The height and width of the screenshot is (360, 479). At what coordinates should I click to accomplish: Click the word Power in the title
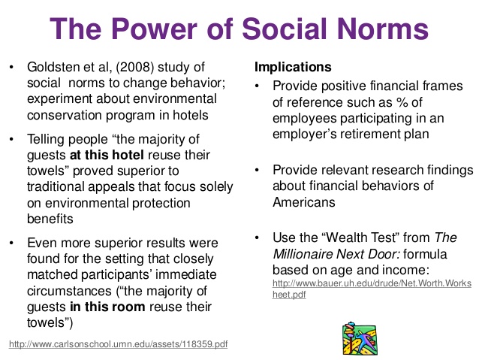(x=154, y=29)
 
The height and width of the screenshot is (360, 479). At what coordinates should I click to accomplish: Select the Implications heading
(x=293, y=67)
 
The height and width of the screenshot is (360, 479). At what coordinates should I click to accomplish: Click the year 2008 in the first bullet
(x=134, y=67)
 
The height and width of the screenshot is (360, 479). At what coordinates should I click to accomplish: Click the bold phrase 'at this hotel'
(x=107, y=155)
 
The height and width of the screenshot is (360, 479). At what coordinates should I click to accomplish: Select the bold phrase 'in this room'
(x=107, y=307)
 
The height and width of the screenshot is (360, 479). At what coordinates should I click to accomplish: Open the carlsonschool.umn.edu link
(x=118, y=344)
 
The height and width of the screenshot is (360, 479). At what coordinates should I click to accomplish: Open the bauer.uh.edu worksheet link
(x=372, y=289)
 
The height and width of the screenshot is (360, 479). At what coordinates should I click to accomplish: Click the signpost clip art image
(x=360, y=338)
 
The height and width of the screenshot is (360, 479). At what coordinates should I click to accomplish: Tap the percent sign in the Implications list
(x=402, y=102)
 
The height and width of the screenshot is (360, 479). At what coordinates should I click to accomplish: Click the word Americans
(x=303, y=202)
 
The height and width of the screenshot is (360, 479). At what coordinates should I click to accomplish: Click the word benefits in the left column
(x=50, y=219)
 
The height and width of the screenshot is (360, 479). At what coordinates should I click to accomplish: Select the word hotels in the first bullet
(x=190, y=115)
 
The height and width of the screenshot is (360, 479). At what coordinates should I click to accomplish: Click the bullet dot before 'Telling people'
(x=11, y=140)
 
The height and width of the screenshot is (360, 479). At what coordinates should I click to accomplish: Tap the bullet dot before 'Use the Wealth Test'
(x=257, y=237)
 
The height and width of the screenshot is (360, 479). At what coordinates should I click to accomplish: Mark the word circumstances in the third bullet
(x=69, y=291)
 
